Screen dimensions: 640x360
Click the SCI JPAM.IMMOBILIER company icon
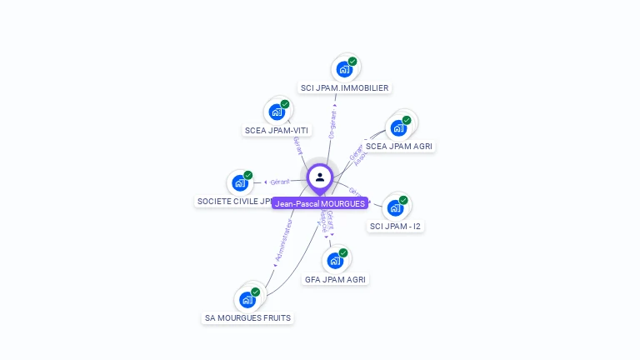coord(343,69)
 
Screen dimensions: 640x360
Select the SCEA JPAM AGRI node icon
coord(399,127)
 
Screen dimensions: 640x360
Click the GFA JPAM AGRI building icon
coord(335,261)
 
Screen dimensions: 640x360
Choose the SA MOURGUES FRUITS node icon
coord(247,300)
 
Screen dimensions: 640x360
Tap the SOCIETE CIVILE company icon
coord(240,183)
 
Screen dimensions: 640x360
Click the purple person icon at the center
coord(320,177)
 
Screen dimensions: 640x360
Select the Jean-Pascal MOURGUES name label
coord(320,203)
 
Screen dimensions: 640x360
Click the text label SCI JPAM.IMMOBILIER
coord(344,88)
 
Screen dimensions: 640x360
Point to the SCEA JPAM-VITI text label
coord(277,130)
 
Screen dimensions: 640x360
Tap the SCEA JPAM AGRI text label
coord(399,147)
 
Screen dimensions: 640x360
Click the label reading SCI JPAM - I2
coord(395,227)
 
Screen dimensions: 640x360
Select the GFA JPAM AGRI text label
coord(335,280)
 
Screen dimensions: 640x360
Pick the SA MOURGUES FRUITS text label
coord(248,318)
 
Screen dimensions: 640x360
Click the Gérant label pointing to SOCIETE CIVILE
coord(280,182)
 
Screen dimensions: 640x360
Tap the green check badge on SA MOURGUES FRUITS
coord(256,292)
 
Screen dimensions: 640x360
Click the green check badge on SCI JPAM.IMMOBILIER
coord(352,62)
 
